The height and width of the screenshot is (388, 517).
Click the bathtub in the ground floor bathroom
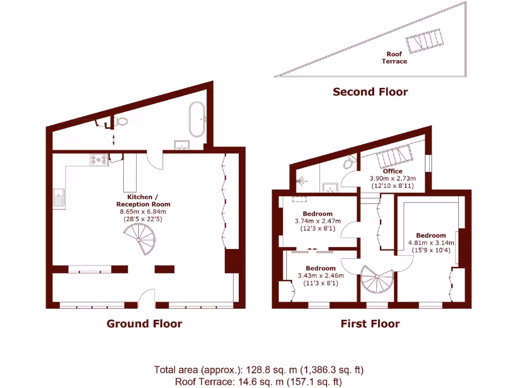[196, 119]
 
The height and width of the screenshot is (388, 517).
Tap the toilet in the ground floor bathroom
[121, 121]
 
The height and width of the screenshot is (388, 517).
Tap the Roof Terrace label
[394, 58]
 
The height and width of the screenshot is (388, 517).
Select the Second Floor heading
[370, 91]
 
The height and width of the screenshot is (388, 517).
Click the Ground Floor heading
[144, 323]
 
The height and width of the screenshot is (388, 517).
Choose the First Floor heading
[370, 323]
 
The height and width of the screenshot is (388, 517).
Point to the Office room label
[392, 171]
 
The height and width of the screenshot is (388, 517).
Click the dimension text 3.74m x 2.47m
[318, 221]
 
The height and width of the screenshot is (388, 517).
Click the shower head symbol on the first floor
[301, 179]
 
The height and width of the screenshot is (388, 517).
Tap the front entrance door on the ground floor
[146, 298]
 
